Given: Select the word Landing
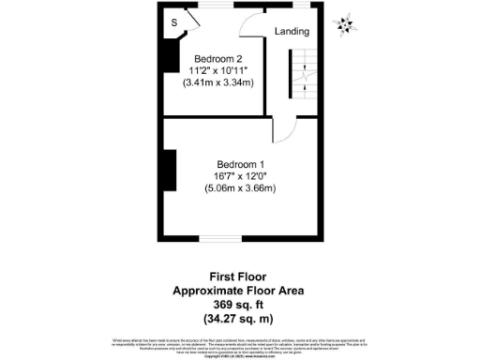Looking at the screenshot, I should coord(292,31).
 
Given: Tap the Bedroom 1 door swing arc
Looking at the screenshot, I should coord(284,130).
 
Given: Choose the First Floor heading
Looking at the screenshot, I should coord(239,277).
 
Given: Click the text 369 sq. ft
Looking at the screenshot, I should coord(239,305).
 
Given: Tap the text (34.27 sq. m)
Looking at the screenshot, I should coord(239,319).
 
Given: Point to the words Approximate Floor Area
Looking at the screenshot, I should coord(239,291).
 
